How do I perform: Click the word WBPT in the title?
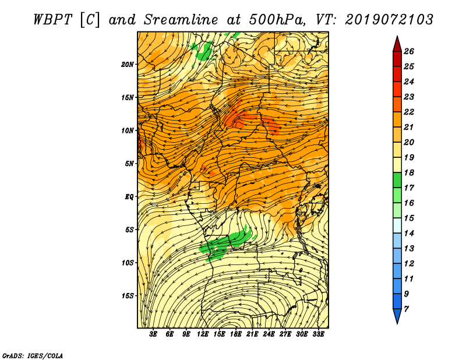pos(52,20)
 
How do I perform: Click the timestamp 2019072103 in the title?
pos(389,20)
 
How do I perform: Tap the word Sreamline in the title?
pos(181,20)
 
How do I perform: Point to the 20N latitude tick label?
pos(128,64)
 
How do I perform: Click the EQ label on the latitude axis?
pos(129,197)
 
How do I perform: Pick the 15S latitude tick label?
pos(128,296)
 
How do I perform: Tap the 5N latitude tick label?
pos(129,164)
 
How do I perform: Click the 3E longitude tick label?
pos(153,334)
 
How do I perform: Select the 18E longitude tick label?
pos(235,334)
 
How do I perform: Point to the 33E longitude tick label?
pos(318,334)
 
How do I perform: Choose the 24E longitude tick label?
pos(269,334)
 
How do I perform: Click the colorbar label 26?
pos(409,51)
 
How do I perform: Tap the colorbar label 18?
pos(409,172)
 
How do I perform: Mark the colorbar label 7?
pos(406,309)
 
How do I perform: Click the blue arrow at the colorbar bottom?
pos(397,316)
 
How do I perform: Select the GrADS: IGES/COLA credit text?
pos(33,356)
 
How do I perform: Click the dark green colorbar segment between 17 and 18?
pos(397,180)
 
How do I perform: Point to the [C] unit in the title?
pos(90,20)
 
